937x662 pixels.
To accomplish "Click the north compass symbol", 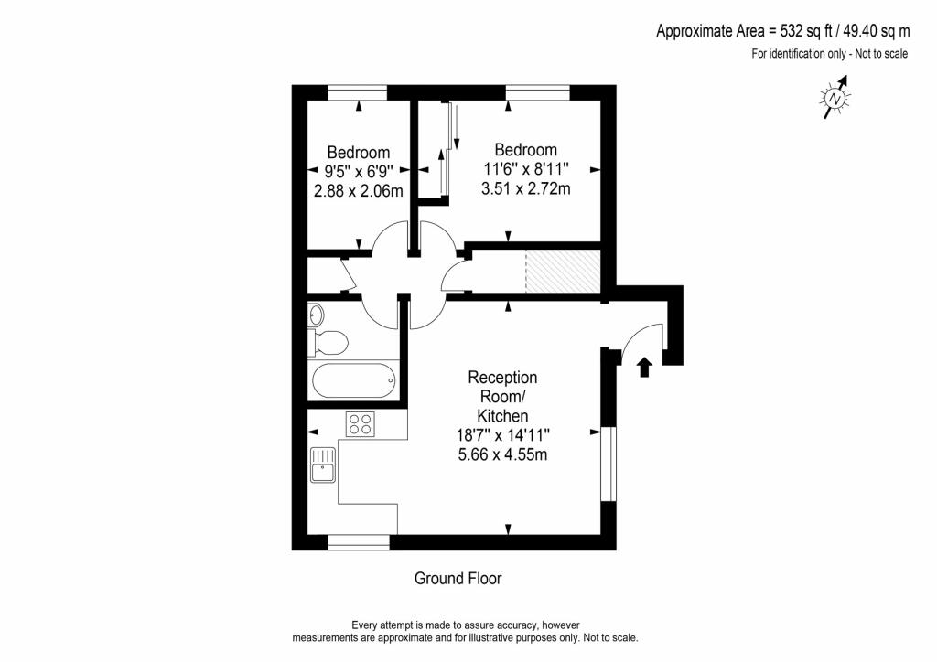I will [835, 98].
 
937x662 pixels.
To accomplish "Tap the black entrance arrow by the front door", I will [643, 367].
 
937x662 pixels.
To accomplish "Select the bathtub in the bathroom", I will [353, 379].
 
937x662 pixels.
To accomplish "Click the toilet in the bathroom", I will [330, 343].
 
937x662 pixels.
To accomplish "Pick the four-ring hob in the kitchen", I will [361, 423].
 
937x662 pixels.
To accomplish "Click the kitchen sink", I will [323, 464].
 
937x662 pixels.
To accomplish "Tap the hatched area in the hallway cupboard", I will [562, 271].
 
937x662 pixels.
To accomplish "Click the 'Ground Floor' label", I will [458, 579].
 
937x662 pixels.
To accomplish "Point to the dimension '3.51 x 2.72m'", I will [525, 189].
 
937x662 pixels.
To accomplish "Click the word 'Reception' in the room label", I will [502, 377].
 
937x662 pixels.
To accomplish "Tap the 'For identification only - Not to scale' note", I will [829, 53].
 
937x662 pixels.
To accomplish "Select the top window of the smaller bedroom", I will [357, 91].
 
